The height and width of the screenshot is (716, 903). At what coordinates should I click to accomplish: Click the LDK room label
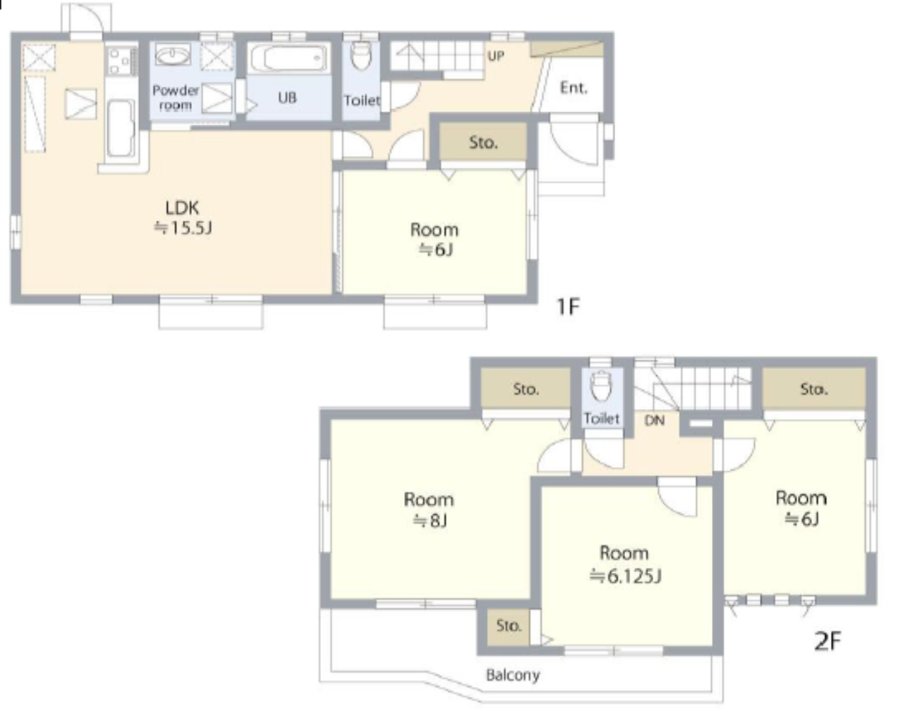click(182, 208)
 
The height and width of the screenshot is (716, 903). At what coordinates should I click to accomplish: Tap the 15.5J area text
click(183, 229)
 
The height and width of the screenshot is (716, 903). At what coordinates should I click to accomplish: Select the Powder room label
click(176, 98)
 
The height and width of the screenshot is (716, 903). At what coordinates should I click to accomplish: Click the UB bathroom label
click(287, 98)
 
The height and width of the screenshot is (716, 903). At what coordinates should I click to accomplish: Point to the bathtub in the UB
click(289, 59)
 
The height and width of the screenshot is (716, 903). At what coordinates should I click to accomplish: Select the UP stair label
click(495, 56)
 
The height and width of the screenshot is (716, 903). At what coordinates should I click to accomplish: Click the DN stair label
click(654, 420)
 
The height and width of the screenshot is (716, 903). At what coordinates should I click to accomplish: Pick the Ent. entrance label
click(574, 88)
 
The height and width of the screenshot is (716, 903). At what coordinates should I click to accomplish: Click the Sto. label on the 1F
click(483, 143)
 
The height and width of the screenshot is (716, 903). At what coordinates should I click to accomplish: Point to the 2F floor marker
click(828, 641)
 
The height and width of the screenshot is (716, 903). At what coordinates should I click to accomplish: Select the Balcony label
click(513, 675)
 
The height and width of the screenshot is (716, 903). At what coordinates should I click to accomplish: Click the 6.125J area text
click(626, 576)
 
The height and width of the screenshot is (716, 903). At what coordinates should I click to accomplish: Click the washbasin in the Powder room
click(173, 54)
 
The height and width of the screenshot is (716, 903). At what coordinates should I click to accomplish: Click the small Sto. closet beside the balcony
click(508, 626)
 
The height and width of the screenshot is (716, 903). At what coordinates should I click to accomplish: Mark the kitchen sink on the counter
click(121, 128)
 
